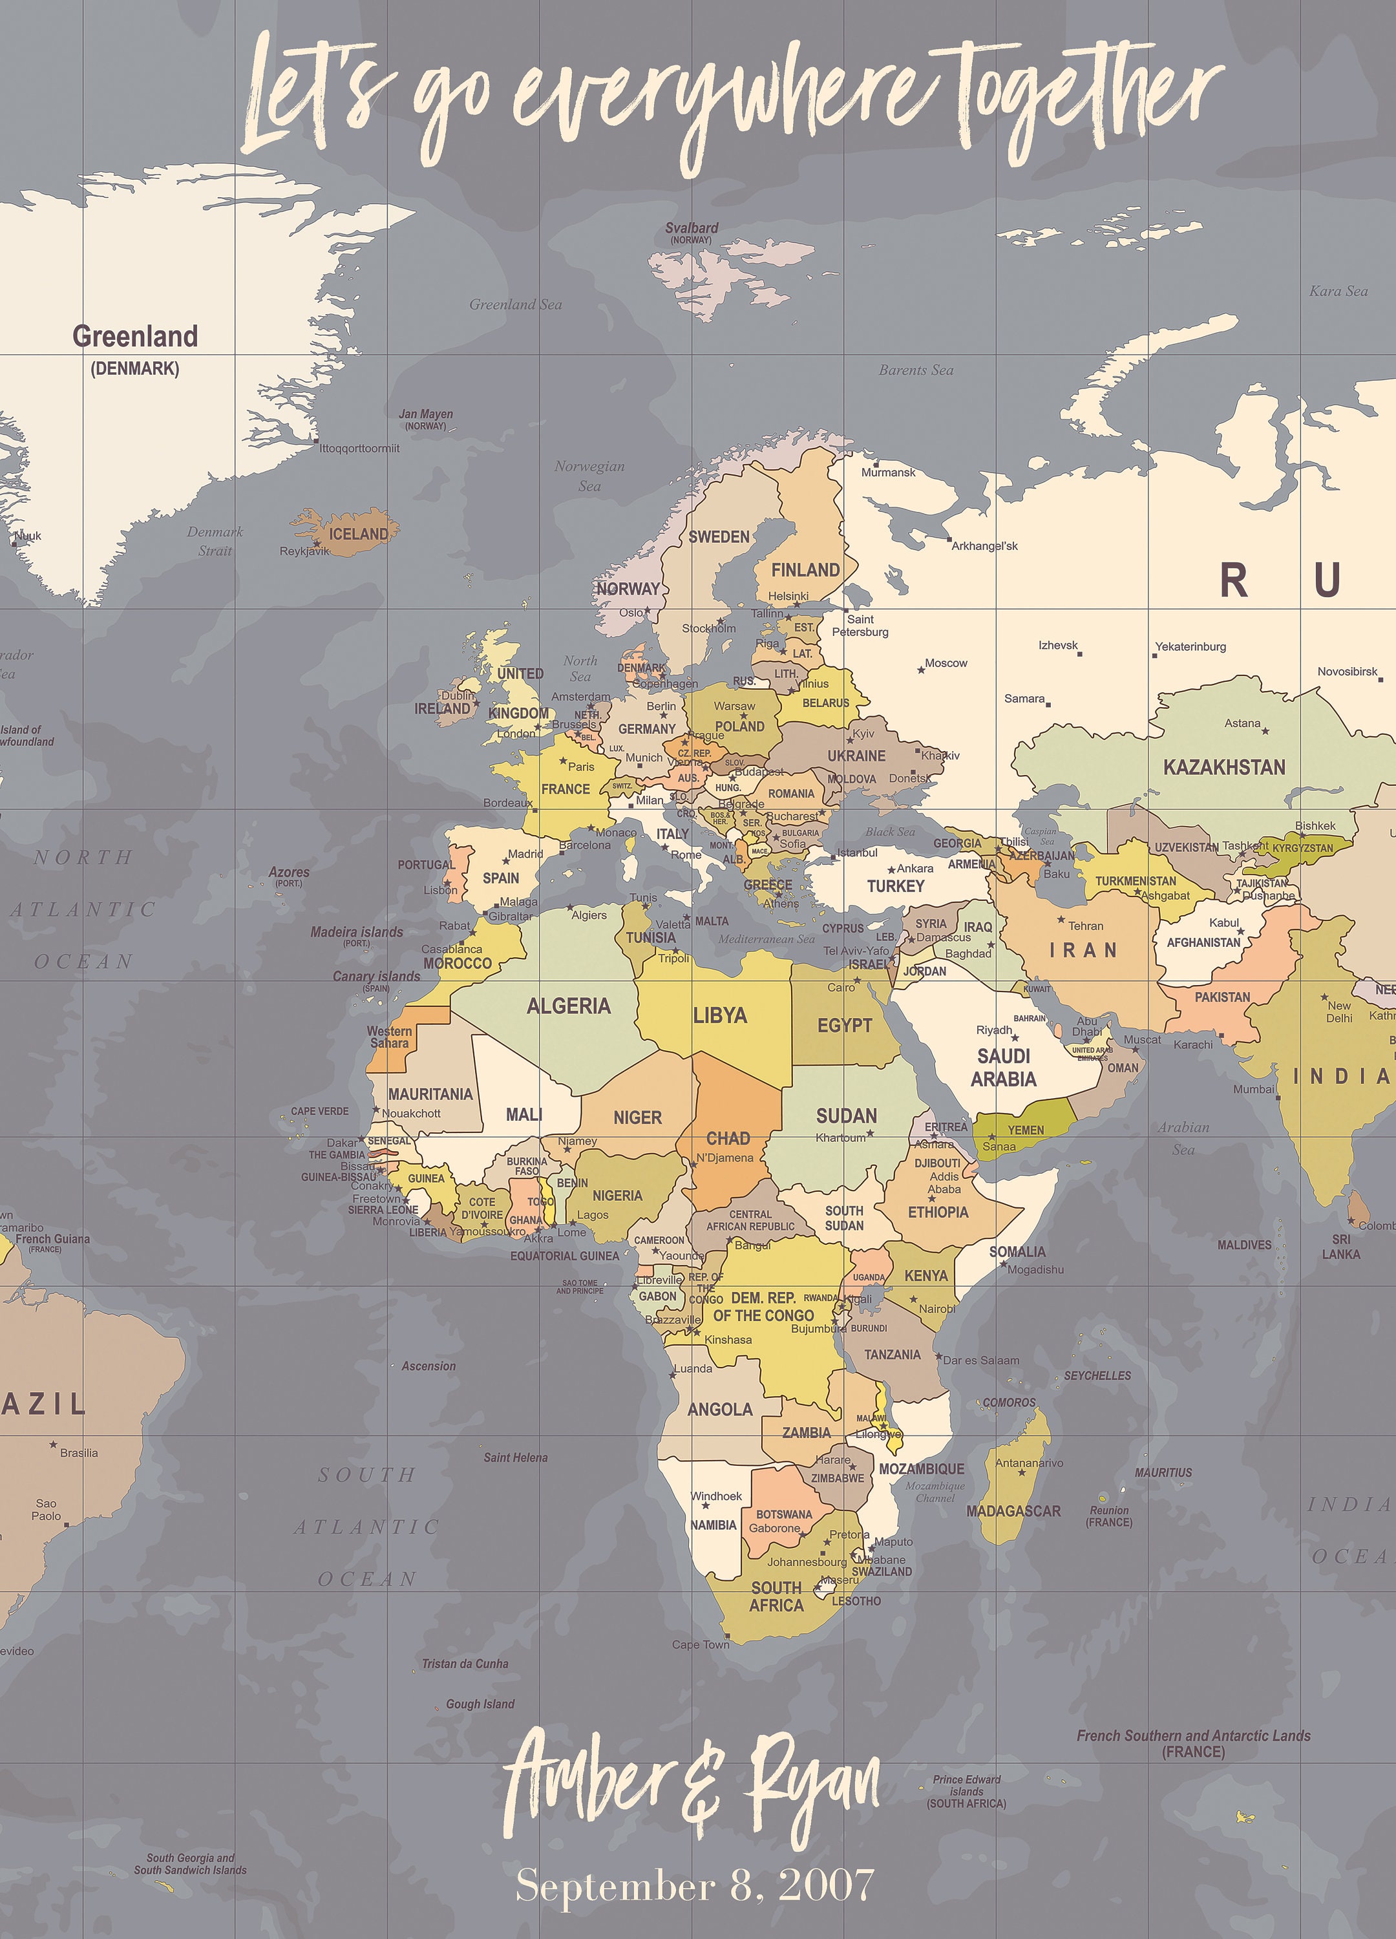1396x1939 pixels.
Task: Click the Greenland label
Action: tap(135, 337)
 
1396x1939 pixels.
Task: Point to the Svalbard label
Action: tap(692, 228)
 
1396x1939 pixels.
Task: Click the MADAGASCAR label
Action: tap(1013, 1510)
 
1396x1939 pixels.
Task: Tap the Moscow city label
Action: tap(946, 662)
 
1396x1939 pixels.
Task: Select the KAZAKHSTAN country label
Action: tap(1223, 767)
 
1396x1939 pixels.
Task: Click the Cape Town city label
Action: tap(700, 1645)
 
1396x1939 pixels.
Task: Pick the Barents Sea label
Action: tap(916, 370)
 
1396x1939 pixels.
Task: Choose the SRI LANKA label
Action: tap(1340, 1247)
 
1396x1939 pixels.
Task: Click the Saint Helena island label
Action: tap(516, 1457)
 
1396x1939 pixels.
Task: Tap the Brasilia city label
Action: tap(79, 1452)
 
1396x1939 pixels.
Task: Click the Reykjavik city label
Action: tap(304, 551)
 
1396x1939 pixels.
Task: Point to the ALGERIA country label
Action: tap(569, 1006)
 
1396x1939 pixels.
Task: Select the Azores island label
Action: tap(289, 872)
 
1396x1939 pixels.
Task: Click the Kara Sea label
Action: tap(1338, 291)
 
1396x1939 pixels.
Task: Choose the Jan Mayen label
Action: tap(426, 415)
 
